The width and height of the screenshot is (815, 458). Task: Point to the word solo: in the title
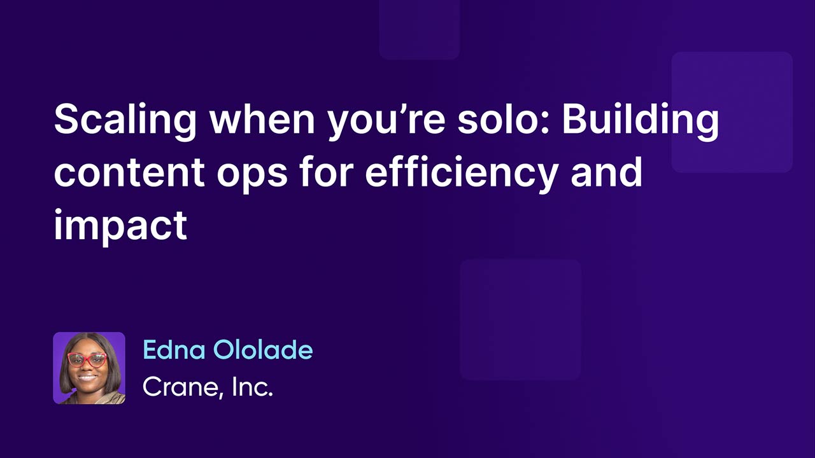(504, 122)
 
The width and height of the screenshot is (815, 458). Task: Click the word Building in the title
(641, 122)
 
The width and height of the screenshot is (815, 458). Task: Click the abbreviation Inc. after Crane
(252, 385)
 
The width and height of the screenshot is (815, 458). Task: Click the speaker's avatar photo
(89, 368)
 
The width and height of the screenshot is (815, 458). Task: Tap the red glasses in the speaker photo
(88, 359)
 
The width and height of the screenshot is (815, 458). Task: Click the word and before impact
(606, 173)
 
